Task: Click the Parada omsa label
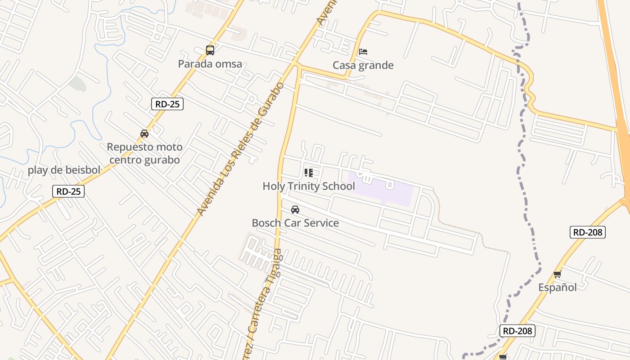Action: [x=210, y=64]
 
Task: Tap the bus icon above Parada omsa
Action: [x=210, y=50]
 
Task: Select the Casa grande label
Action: [x=363, y=65]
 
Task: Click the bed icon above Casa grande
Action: [x=363, y=51]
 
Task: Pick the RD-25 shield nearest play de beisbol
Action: [x=68, y=191]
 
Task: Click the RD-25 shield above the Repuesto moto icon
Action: [x=167, y=104]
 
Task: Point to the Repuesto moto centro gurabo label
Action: [x=144, y=153]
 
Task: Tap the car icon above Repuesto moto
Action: [x=144, y=134]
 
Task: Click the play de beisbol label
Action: [x=64, y=170]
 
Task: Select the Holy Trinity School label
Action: [x=309, y=186]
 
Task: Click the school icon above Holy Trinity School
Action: [x=308, y=172]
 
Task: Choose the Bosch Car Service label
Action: [x=295, y=223]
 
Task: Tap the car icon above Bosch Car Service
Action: [x=295, y=210]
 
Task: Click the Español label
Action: [x=558, y=287]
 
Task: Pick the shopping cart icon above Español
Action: [x=558, y=274]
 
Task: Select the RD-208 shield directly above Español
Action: [x=587, y=232]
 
